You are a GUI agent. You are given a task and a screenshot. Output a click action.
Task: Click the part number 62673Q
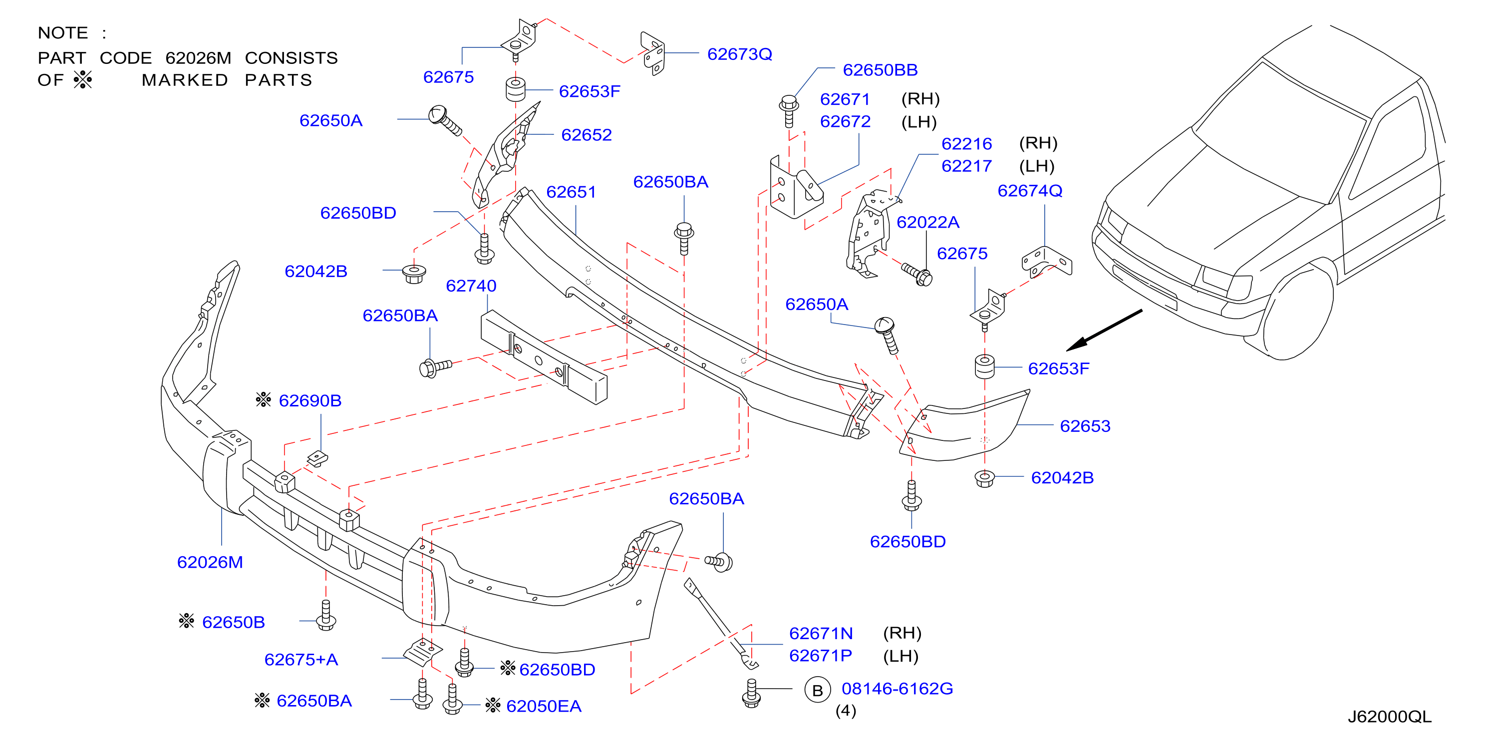click(739, 54)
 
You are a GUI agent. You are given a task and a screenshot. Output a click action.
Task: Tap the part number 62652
click(586, 135)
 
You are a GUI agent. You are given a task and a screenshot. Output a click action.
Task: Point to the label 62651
click(571, 192)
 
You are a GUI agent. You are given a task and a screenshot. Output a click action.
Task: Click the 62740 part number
click(471, 286)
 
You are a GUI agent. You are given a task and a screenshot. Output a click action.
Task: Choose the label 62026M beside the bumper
click(210, 562)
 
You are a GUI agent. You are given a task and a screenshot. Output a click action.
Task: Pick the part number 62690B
click(310, 400)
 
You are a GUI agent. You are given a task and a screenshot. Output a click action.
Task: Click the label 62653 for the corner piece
click(1085, 426)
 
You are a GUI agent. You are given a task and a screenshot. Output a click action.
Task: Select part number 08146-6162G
click(897, 689)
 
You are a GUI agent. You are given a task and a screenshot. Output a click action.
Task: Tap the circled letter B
click(817, 690)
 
